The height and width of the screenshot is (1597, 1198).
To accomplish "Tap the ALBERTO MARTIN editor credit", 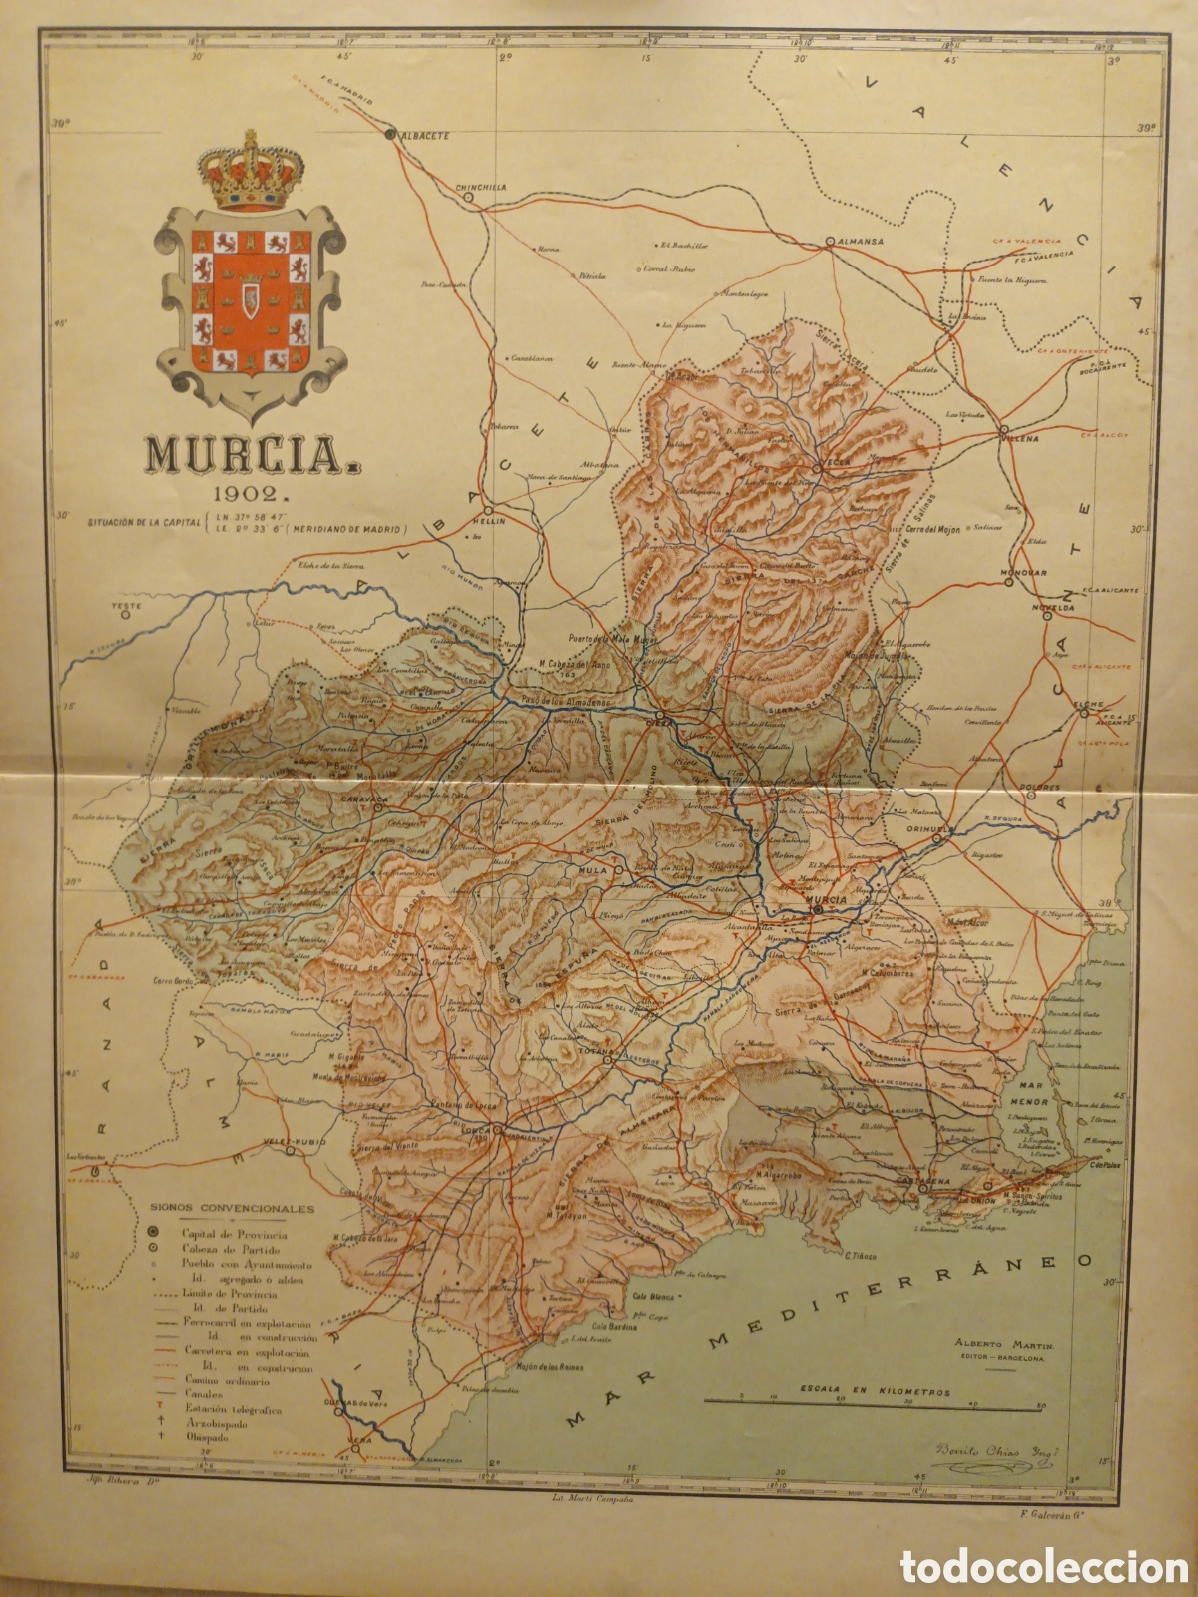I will (1000, 1346).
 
